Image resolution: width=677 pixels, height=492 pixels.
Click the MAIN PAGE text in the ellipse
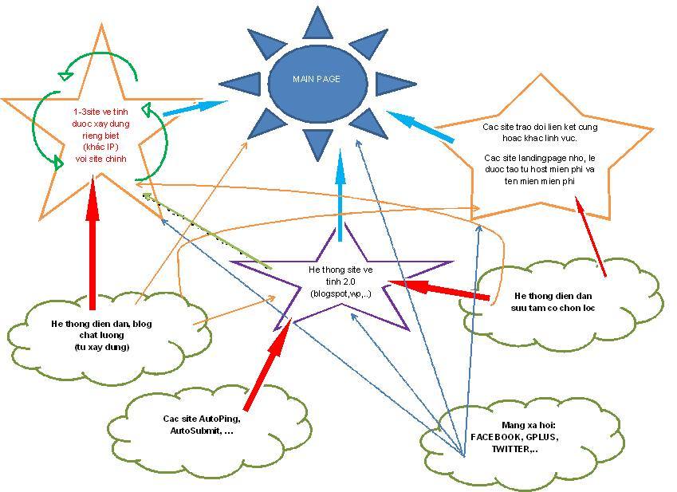(317, 79)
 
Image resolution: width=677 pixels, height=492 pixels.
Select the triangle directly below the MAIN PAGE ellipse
(317, 143)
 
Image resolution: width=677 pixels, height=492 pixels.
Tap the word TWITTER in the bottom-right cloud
(510, 449)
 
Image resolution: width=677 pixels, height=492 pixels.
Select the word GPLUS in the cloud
(541, 437)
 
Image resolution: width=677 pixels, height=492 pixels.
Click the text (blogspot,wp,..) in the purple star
(340, 294)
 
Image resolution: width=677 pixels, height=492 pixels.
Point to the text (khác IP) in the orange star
(100, 147)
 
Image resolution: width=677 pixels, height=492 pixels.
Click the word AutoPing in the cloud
(218, 419)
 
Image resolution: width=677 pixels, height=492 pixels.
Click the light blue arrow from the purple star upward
(340, 195)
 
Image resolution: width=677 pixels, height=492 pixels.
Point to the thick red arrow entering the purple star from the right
(439, 289)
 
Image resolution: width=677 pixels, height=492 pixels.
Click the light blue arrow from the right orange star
(420, 126)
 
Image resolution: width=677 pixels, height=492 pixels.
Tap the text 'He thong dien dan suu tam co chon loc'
(553, 302)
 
